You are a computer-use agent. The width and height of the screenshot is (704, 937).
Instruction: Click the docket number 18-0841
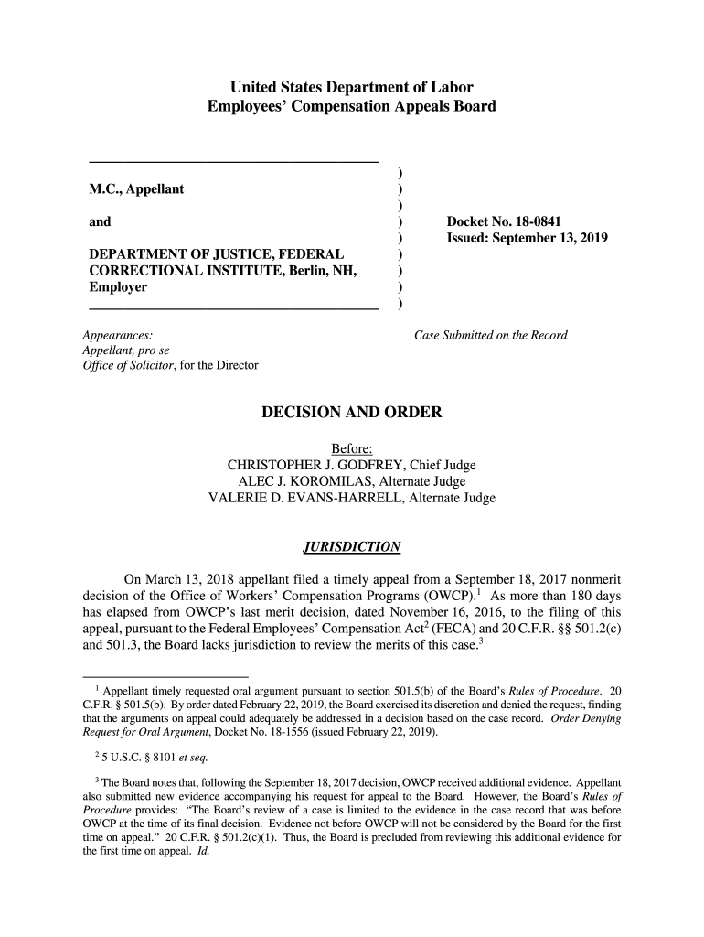pos(536,222)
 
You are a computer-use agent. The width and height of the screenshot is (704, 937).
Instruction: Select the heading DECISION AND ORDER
pos(352,413)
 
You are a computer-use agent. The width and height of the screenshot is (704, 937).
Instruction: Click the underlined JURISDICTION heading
pos(352,547)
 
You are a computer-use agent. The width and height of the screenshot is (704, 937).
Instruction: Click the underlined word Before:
pos(352,448)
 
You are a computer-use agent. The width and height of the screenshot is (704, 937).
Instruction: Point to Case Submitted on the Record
pos(491,335)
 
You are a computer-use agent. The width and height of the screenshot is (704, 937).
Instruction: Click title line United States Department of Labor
pos(352,89)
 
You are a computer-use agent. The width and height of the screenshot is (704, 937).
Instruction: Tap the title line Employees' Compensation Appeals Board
pos(352,107)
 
